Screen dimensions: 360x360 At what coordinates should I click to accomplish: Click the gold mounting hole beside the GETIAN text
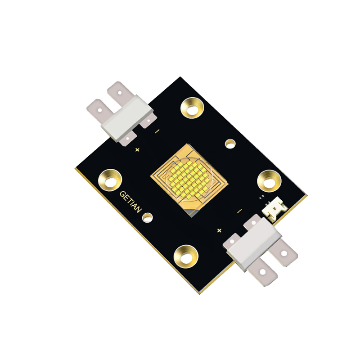tap(110, 180)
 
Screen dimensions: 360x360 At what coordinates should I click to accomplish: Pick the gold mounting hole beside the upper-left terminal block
tap(193, 108)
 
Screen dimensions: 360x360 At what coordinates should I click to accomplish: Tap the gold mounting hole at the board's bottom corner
tap(186, 256)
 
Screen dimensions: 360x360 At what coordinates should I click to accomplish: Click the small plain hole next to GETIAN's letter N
tap(147, 218)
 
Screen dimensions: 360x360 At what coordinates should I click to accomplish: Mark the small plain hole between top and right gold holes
tap(230, 144)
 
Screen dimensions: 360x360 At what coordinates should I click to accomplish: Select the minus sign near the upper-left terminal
tap(157, 131)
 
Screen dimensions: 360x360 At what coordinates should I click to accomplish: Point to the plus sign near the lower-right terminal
tap(219, 230)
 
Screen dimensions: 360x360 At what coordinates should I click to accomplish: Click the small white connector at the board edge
tap(275, 210)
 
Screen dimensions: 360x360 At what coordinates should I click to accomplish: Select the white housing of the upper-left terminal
tap(124, 117)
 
